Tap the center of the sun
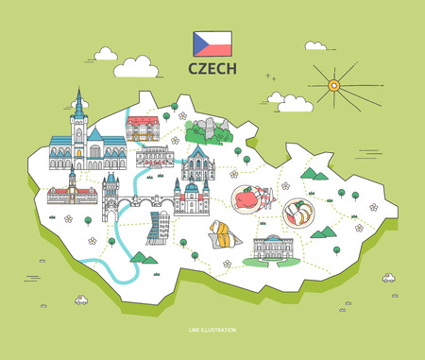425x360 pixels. click(333, 86)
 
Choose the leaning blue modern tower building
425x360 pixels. click(157, 228)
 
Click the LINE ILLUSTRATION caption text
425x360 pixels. click(212, 330)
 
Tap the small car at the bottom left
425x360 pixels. click(81, 300)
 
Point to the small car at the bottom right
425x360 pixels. click(387, 279)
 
